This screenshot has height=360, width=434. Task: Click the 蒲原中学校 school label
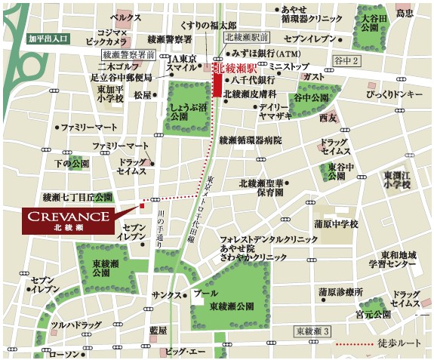(x=335, y=224)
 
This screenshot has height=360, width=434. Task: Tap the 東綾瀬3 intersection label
(x=312, y=331)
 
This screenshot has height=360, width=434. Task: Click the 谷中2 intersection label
(x=348, y=60)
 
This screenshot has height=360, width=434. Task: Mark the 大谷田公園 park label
(x=374, y=23)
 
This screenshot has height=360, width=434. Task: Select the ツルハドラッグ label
(x=75, y=325)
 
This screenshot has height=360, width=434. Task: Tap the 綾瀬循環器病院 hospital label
(x=249, y=140)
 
